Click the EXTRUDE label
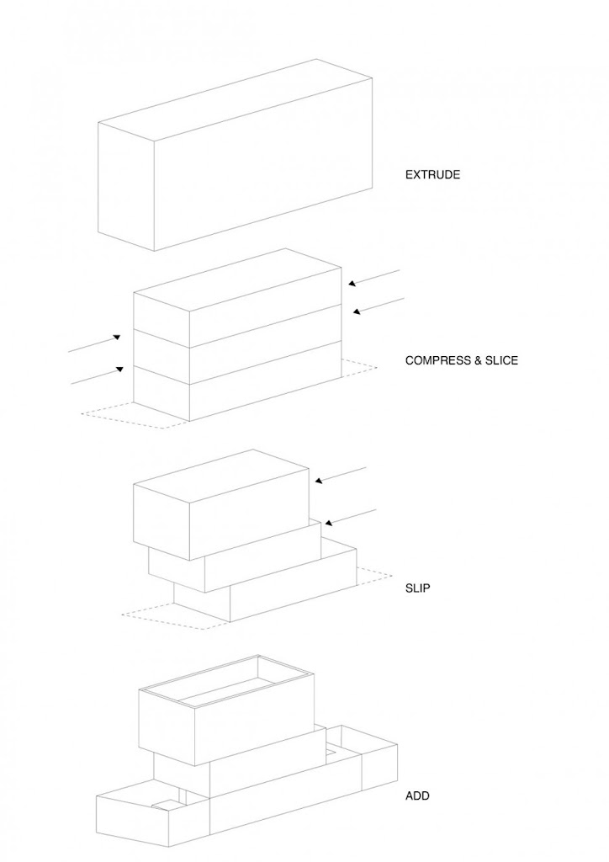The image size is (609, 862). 432,175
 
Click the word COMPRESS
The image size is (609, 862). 433,360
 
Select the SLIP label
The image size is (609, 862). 417,588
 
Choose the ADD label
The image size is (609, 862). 416,795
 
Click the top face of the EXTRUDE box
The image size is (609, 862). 236,98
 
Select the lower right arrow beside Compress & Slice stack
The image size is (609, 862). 379,306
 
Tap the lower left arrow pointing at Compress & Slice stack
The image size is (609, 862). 98,375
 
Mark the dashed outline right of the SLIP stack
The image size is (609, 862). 374,576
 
